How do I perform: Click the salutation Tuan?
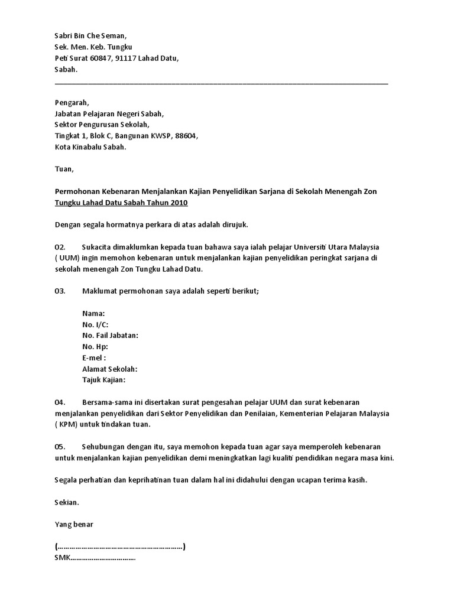(64, 170)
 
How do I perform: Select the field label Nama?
(94, 314)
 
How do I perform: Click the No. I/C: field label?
(96, 324)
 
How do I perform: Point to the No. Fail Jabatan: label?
(111, 336)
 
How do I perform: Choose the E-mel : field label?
(95, 358)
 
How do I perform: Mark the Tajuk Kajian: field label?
(104, 380)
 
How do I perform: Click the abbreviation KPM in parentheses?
(69, 425)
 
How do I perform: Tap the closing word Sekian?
(67, 503)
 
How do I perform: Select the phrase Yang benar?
(74, 525)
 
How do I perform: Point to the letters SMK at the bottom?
(62, 558)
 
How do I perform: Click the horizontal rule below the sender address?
(221, 83)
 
